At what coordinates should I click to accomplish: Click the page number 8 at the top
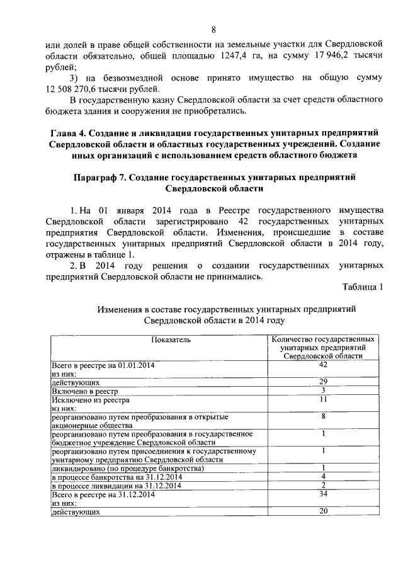tap(213, 30)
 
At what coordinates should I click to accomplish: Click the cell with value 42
tap(323, 365)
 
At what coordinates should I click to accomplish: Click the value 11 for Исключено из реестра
tap(323, 399)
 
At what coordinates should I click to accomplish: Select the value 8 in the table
tap(323, 416)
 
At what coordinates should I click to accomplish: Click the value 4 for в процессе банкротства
tap(323, 477)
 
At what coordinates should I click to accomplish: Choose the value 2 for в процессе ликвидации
tap(323, 486)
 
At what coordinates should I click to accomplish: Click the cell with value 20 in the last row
tap(323, 511)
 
